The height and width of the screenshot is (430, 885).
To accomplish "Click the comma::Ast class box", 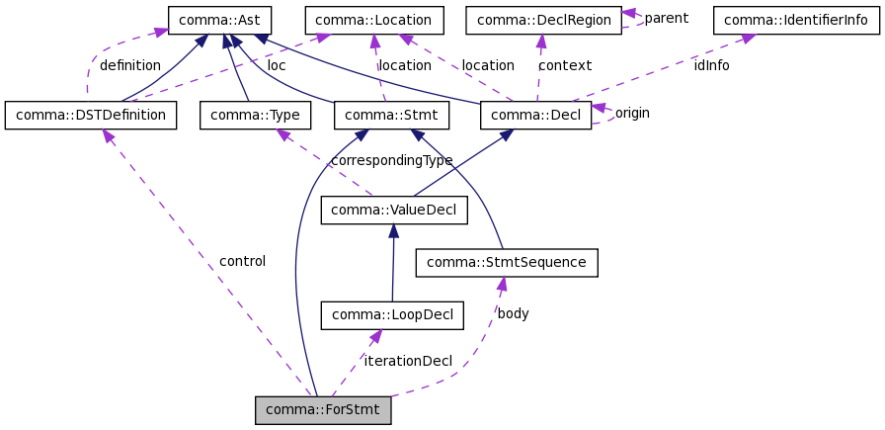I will point(214,20).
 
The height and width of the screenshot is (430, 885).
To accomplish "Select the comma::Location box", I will point(374,20).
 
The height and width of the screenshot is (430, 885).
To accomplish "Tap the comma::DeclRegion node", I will point(542,20).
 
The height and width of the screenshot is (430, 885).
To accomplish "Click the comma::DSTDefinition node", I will point(91,116).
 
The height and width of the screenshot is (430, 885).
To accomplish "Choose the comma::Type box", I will point(255,116).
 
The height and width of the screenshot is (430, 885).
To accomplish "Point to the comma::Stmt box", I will point(392,116).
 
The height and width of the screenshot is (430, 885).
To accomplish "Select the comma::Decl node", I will point(535,116).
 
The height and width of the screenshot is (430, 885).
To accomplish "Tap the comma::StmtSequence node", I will point(507,262).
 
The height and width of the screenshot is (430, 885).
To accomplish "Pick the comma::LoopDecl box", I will point(392,315).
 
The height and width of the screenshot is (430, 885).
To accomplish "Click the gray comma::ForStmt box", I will point(323,410).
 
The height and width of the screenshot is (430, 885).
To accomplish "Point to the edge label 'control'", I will point(242,261).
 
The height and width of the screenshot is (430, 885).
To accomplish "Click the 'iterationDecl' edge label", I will point(407,361).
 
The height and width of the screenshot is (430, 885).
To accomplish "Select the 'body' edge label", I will point(513,313).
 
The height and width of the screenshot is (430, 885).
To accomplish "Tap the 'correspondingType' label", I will point(391,160).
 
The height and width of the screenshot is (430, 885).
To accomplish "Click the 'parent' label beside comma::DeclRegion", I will point(666,18).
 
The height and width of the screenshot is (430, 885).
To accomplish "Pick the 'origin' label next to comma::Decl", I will point(632,113).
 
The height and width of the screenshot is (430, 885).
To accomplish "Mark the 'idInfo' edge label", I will point(711,65).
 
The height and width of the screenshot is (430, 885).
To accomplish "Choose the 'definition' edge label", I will point(129,65).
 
